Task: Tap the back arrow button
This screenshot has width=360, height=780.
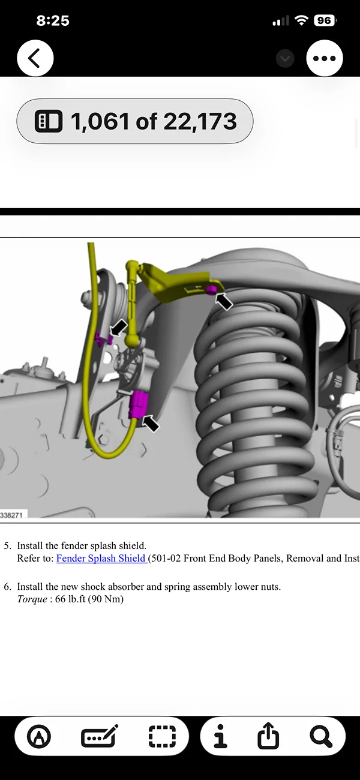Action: click(x=35, y=58)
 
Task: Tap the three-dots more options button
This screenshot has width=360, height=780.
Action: click(x=324, y=58)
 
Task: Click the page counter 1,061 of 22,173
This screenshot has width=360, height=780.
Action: click(x=134, y=121)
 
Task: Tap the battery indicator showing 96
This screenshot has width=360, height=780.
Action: click(x=325, y=20)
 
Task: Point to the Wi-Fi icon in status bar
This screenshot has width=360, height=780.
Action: click(x=301, y=20)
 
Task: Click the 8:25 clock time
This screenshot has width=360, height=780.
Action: click(x=53, y=20)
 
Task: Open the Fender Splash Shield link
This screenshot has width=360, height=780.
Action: click(x=101, y=559)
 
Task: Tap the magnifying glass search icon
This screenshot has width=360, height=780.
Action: click(x=322, y=736)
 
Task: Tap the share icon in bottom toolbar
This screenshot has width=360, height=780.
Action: click(x=268, y=736)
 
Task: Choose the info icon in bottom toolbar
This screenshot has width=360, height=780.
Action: click(x=221, y=736)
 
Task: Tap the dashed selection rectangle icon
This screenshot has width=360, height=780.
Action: click(x=162, y=736)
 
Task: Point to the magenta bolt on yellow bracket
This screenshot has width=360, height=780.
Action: click(x=211, y=290)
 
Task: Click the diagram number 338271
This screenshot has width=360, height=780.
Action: click(x=12, y=515)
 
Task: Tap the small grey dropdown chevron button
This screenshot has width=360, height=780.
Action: click(x=285, y=58)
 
